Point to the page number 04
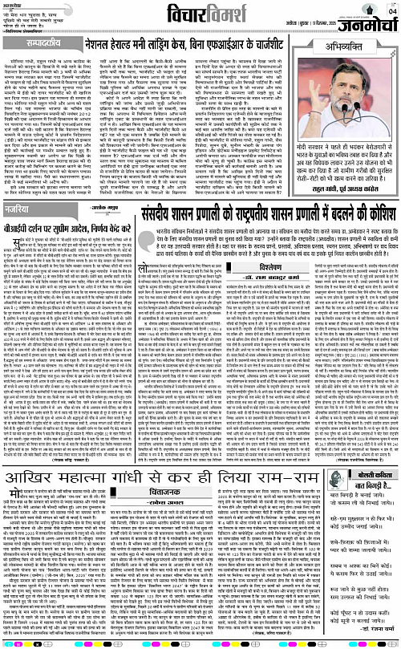click(392, 10)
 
